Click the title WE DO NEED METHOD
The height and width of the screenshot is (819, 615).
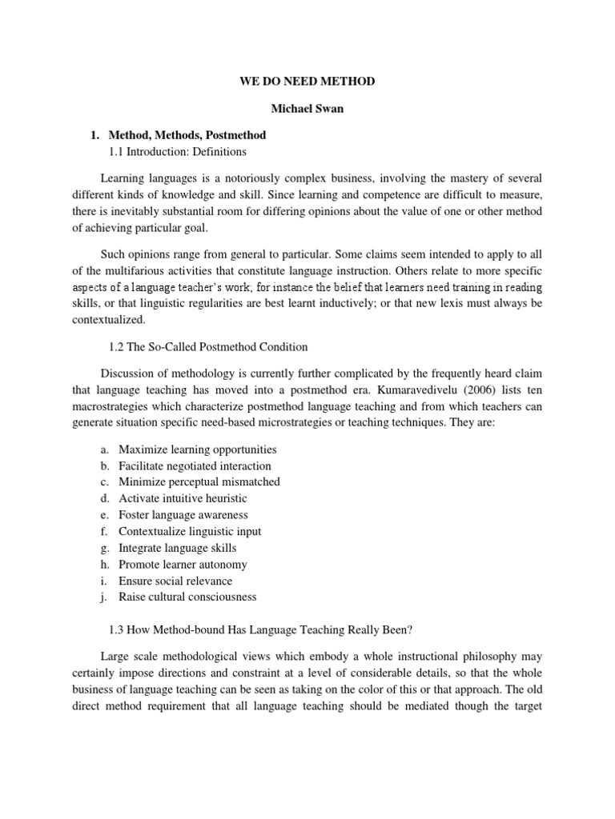(307, 82)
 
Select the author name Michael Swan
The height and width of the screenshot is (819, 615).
(307, 109)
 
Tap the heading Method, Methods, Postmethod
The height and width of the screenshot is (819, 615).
(192, 135)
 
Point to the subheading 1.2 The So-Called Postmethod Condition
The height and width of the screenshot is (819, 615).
(207, 346)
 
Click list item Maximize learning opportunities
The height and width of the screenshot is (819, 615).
(197, 449)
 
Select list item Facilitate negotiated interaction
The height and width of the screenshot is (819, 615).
(195, 465)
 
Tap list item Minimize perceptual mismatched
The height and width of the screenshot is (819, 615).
(199, 482)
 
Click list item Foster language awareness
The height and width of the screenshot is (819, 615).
(183, 515)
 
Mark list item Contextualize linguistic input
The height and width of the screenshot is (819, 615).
(190, 531)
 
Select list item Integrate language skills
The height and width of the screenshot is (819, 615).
(177, 548)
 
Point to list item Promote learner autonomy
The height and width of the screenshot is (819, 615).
(183, 564)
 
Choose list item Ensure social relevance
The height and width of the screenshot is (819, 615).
(175, 581)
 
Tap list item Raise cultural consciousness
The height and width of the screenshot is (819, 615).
(187, 597)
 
